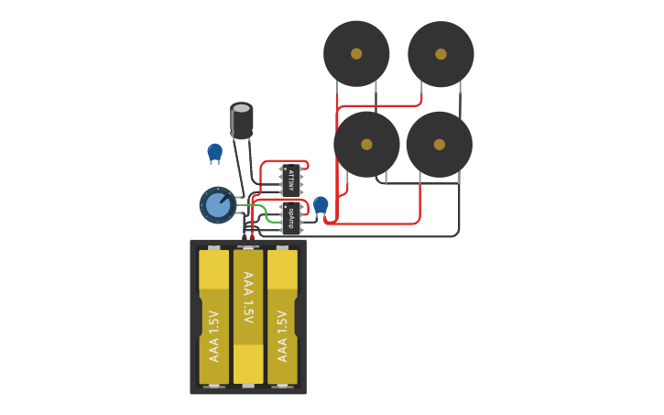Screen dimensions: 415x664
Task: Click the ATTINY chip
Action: (291, 180)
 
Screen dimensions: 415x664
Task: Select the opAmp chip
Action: (291, 218)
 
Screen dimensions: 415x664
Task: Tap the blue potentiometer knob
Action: (218, 204)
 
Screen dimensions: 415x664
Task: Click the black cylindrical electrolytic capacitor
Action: (242, 120)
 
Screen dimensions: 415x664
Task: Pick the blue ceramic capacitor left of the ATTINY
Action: (214, 151)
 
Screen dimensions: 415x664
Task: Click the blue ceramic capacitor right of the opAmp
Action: (321, 204)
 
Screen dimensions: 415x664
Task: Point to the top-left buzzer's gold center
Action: (356, 54)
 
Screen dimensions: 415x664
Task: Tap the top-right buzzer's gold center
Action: (441, 54)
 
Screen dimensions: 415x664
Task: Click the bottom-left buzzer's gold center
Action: (366, 144)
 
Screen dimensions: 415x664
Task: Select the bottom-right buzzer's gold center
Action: (440, 144)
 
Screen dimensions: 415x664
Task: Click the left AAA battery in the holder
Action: (214, 316)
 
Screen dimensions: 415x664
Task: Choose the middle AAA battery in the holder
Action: (248, 316)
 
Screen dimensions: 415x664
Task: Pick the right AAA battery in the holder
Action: (282, 316)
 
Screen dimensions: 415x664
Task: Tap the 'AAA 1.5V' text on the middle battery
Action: (248, 297)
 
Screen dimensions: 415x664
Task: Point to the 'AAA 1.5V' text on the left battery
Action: (214, 335)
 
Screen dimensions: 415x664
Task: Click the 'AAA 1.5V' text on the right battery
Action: (282, 335)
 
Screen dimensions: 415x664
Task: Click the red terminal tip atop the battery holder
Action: (252, 237)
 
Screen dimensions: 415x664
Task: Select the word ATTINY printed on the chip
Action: (291, 180)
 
